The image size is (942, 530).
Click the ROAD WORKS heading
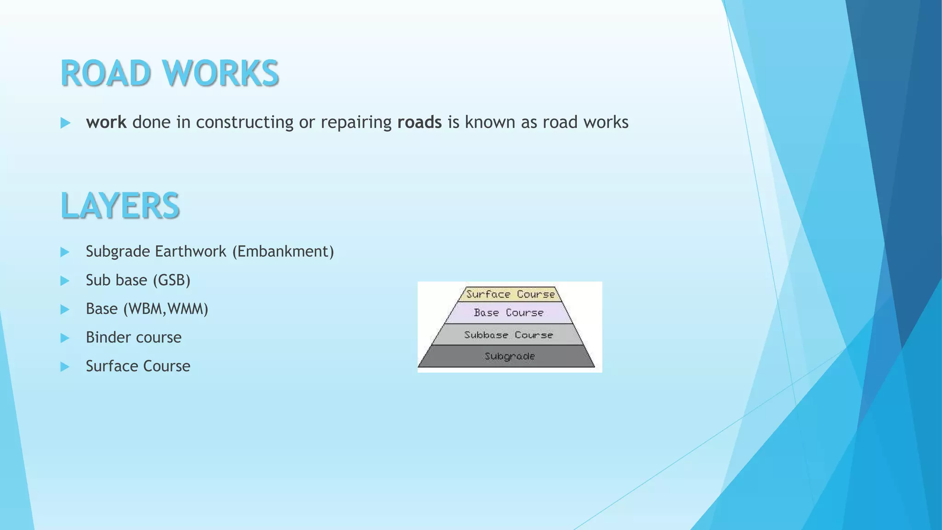click(x=169, y=73)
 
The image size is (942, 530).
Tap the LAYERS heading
click(x=120, y=205)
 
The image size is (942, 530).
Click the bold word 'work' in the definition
click(x=106, y=122)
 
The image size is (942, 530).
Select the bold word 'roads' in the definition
click(x=419, y=122)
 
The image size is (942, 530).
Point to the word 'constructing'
click(x=244, y=122)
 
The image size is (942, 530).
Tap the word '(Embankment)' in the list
click(x=283, y=252)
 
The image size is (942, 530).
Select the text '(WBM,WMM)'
click(x=166, y=309)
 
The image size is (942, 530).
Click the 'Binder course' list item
click(x=133, y=338)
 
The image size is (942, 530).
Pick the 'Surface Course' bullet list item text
click(x=138, y=366)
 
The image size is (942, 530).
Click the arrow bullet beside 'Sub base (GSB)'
click(x=65, y=281)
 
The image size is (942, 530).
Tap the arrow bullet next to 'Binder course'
click(x=65, y=338)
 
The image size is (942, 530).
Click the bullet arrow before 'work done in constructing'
click(x=65, y=123)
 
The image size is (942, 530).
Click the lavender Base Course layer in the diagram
click(x=509, y=313)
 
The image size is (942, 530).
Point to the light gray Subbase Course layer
click(x=508, y=335)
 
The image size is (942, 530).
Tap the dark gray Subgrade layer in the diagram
click(x=509, y=357)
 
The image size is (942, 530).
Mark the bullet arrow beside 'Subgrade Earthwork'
click(x=65, y=252)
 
